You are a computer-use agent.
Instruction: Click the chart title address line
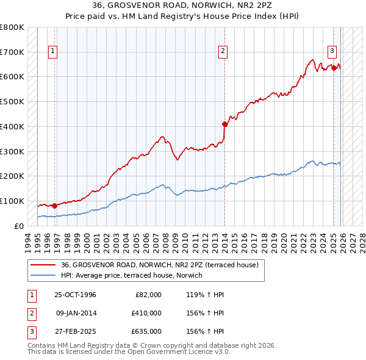[x=182, y=5]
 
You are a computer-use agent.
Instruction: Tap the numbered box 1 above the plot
[x=54, y=51]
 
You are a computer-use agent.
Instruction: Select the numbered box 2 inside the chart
[x=224, y=51]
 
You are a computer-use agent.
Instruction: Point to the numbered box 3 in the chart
[x=333, y=51]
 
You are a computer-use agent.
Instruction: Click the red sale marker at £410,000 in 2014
[x=224, y=124]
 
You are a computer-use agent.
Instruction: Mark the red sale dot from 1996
[x=55, y=206]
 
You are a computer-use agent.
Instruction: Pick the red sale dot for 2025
[x=334, y=68]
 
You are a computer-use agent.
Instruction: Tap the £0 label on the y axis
[x=18, y=226]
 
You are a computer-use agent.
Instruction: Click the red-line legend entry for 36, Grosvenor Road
[x=160, y=265]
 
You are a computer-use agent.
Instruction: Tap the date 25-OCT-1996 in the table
[x=75, y=295]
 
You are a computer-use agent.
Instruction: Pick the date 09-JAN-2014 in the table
[x=75, y=313]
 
